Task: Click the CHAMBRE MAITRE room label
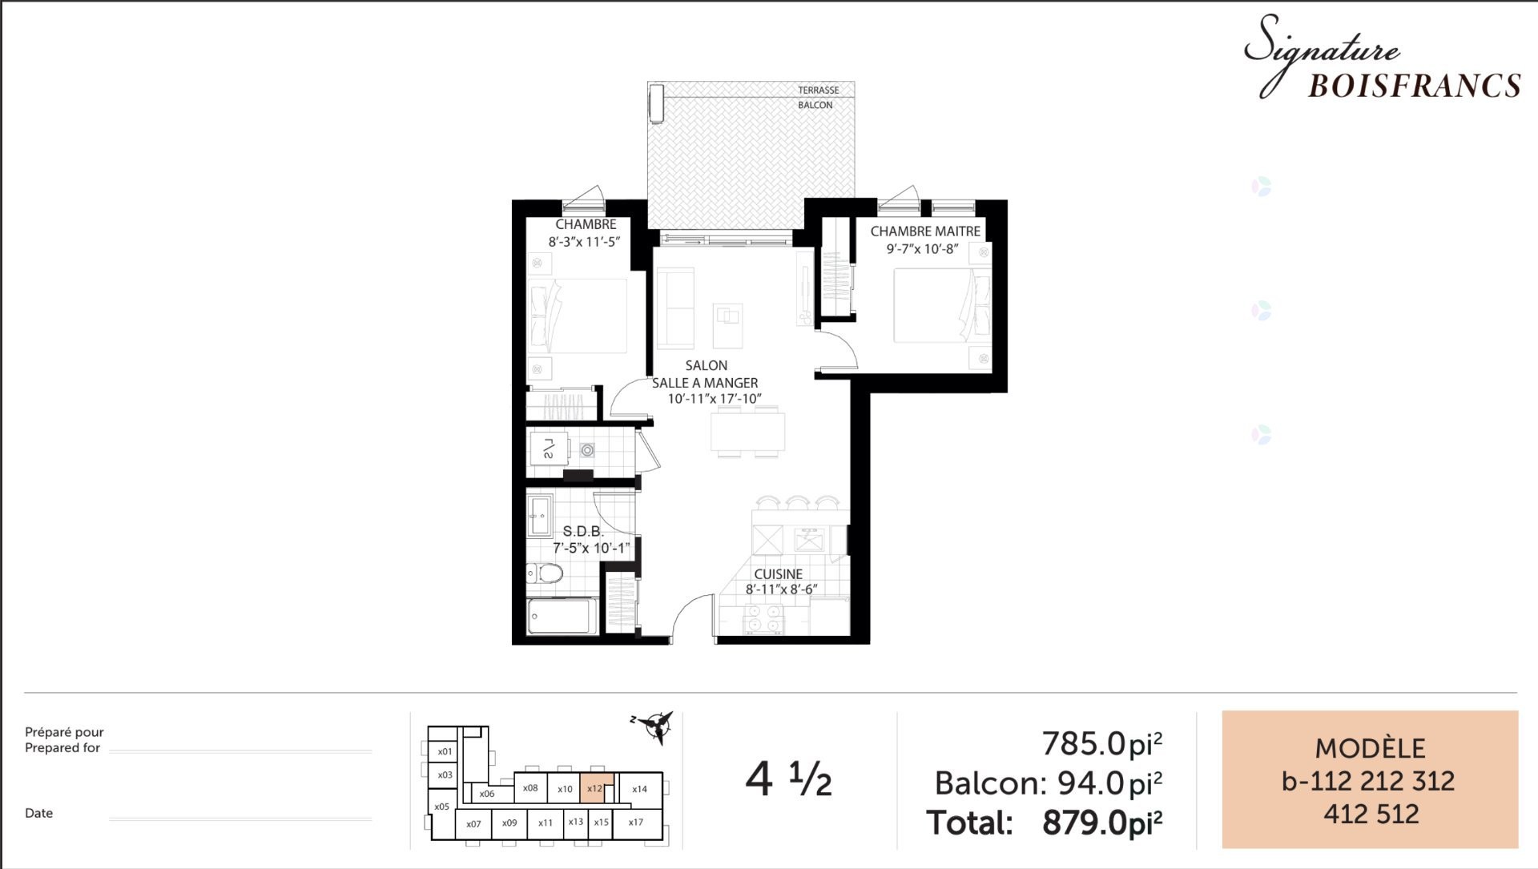[x=925, y=231]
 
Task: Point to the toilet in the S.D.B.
[x=546, y=573]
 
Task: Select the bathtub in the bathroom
[x=561, y=617]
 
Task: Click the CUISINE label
[x=778, y=574]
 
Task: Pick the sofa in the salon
[x=674, y=308]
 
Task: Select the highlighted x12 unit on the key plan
[x=595, y=788]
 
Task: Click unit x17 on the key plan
[x=636, y=823]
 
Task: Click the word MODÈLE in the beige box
[x=1370, y=749]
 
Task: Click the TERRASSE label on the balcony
[x=818, y=91]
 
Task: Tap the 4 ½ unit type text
[x=788, y=779]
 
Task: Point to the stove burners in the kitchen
[x=763, y=619]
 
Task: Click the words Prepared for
[x=62, y=748]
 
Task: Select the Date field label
[x=38, y=813]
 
